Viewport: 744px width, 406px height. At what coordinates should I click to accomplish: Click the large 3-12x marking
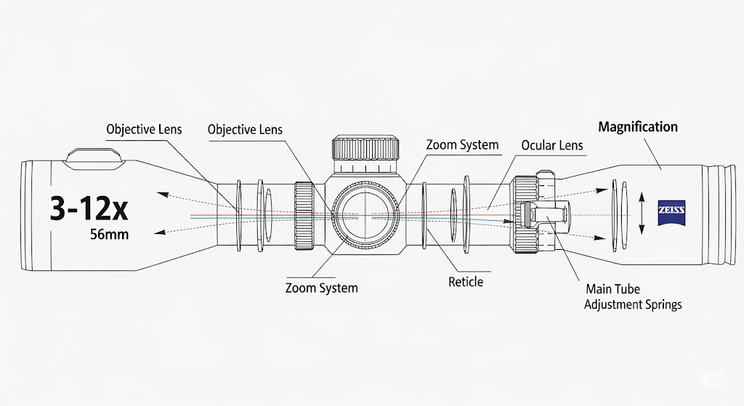coord(89,208)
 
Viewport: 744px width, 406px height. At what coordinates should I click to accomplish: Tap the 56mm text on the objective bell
coord(108,235)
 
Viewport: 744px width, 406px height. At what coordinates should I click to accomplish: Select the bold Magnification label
coord(637,127)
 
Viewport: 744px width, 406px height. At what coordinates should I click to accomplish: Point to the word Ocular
coord(538,145)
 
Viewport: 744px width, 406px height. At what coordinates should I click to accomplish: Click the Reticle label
coord(465,282)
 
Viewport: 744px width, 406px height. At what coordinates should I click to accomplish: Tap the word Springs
coord(659,304)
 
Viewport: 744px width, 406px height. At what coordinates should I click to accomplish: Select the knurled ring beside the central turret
coord(304,216)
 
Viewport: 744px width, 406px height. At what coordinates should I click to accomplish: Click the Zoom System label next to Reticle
coord(321,288)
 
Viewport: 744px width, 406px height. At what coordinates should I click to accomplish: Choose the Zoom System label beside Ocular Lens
coord(462,145)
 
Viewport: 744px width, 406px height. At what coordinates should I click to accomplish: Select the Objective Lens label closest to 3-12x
coord(144,129)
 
